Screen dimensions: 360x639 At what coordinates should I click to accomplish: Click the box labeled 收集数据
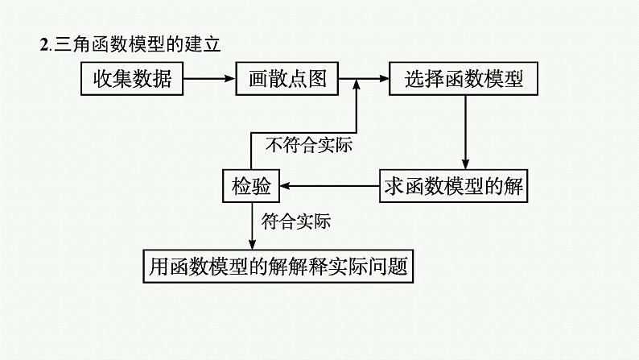[132, 79]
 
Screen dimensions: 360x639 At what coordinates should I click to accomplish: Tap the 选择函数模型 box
[464, 79]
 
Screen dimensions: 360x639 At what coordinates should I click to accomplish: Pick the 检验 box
[251, 187]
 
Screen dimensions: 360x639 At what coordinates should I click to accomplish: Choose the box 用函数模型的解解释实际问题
[278, 266]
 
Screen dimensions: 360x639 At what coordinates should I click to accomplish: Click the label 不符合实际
[310, 146]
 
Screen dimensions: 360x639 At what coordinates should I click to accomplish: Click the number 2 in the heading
[44, 45]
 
